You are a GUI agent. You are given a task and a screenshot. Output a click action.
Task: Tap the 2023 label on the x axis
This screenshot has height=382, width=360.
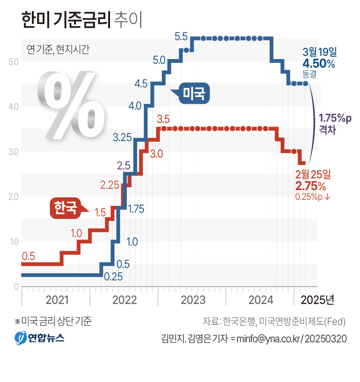tap(192, 300)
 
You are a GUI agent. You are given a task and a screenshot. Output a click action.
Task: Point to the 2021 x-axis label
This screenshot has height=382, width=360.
tap(56, 300)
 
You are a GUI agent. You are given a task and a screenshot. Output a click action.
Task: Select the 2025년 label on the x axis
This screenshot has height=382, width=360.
tap(317, 300)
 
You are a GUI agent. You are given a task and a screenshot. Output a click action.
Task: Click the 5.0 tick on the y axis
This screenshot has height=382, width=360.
tap(13, 61)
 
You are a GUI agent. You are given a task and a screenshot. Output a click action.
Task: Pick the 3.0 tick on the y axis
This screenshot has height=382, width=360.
tap(13, 151)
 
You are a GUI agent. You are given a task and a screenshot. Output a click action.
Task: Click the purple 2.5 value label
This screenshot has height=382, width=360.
tap(124, 165)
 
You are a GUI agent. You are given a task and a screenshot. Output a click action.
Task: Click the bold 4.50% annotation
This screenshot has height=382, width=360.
tap(318, 64)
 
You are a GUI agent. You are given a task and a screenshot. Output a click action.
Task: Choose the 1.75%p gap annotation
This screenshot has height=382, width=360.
tap(335, 119)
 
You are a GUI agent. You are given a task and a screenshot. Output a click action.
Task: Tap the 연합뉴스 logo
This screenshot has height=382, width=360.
tap(39, 337)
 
